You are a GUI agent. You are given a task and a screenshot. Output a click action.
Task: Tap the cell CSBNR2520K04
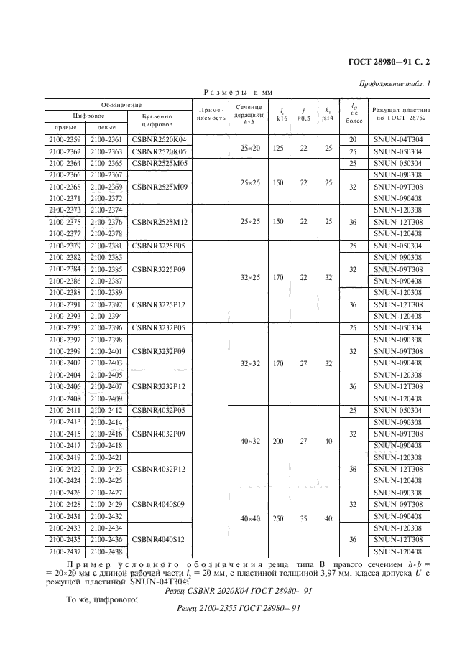(160, 139)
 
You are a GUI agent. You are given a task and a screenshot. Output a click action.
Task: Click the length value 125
(277, 146)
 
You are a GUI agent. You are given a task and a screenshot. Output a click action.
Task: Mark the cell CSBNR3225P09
(160, 270)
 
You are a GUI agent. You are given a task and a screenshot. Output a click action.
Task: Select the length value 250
(277, 518)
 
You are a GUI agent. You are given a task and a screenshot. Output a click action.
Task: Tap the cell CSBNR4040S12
(160, 539)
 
